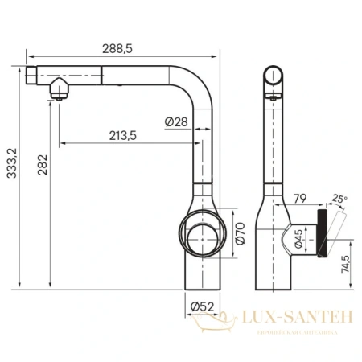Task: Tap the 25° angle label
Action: click(x=338, y=198)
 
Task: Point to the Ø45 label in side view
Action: click(x=298, y=237)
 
